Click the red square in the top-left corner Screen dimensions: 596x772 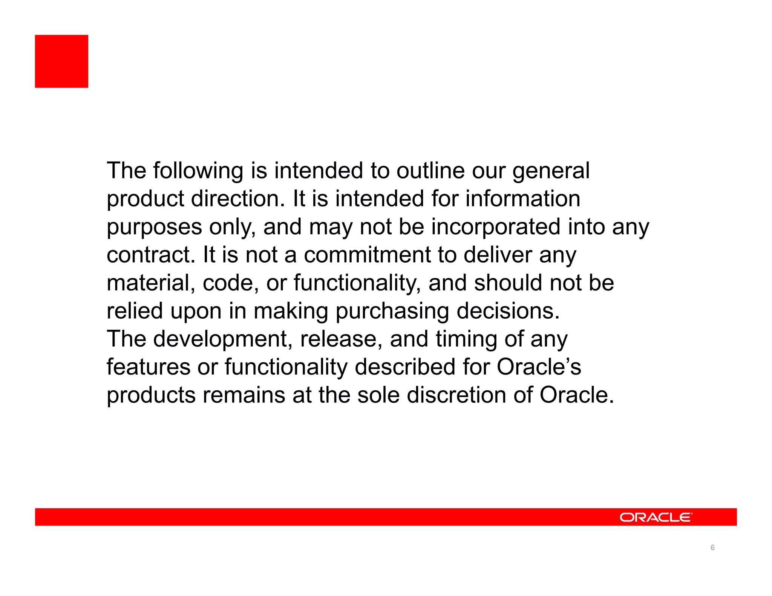click(61, 61)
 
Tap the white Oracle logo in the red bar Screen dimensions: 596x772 click(656, 517)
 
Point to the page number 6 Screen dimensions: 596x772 click(712, 547)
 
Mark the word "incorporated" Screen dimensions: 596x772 click(496, 227)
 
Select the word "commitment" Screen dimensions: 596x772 click(367, 255)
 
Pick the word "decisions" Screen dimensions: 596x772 click(508, 311)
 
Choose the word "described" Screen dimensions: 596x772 click(405, 367)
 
